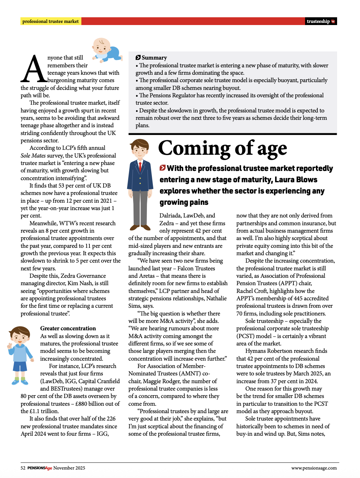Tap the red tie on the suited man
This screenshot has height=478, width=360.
[x=140, y=166]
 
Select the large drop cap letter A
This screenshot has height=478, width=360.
[x=34, y=69]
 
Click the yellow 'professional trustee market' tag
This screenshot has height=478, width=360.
[x=51, y=22]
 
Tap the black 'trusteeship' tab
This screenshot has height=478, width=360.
[x=321, y=22]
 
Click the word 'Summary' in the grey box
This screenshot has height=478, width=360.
[x=154, y=58]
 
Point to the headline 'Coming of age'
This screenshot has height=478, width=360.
[x=223, y=148]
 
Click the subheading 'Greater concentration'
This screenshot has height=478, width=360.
[x=68, y=328]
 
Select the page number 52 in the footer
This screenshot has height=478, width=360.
[x=23, y=468]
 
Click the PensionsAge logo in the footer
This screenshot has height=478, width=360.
[x=40, y=468]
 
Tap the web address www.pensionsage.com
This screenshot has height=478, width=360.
[x=314, y=468]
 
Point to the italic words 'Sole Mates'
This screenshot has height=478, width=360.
[x=33, y=155]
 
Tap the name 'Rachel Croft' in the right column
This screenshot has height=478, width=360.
[x=252, y=291]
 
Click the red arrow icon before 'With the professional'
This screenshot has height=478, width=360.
[x=162, y=168]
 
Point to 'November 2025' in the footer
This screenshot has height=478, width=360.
[x=69, y=468]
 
